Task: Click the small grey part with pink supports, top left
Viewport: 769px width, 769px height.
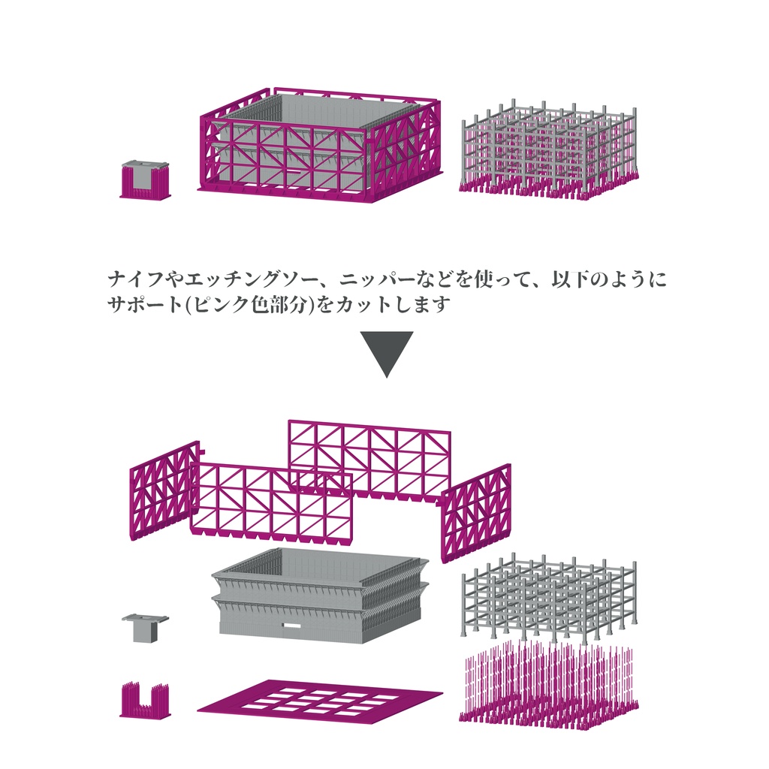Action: (x=145, y=179)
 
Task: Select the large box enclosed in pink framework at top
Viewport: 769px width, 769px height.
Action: (x=318, y=147)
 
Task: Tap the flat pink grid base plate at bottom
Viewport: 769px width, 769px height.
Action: (x=319, y=698)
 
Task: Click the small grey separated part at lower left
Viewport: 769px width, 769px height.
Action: (x=145, y=626)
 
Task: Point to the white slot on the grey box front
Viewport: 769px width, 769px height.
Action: (x=290, y=624)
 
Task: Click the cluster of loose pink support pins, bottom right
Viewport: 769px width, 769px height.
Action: (x=548, y=687)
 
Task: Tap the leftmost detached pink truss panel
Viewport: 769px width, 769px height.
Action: (x=164, y=490)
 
